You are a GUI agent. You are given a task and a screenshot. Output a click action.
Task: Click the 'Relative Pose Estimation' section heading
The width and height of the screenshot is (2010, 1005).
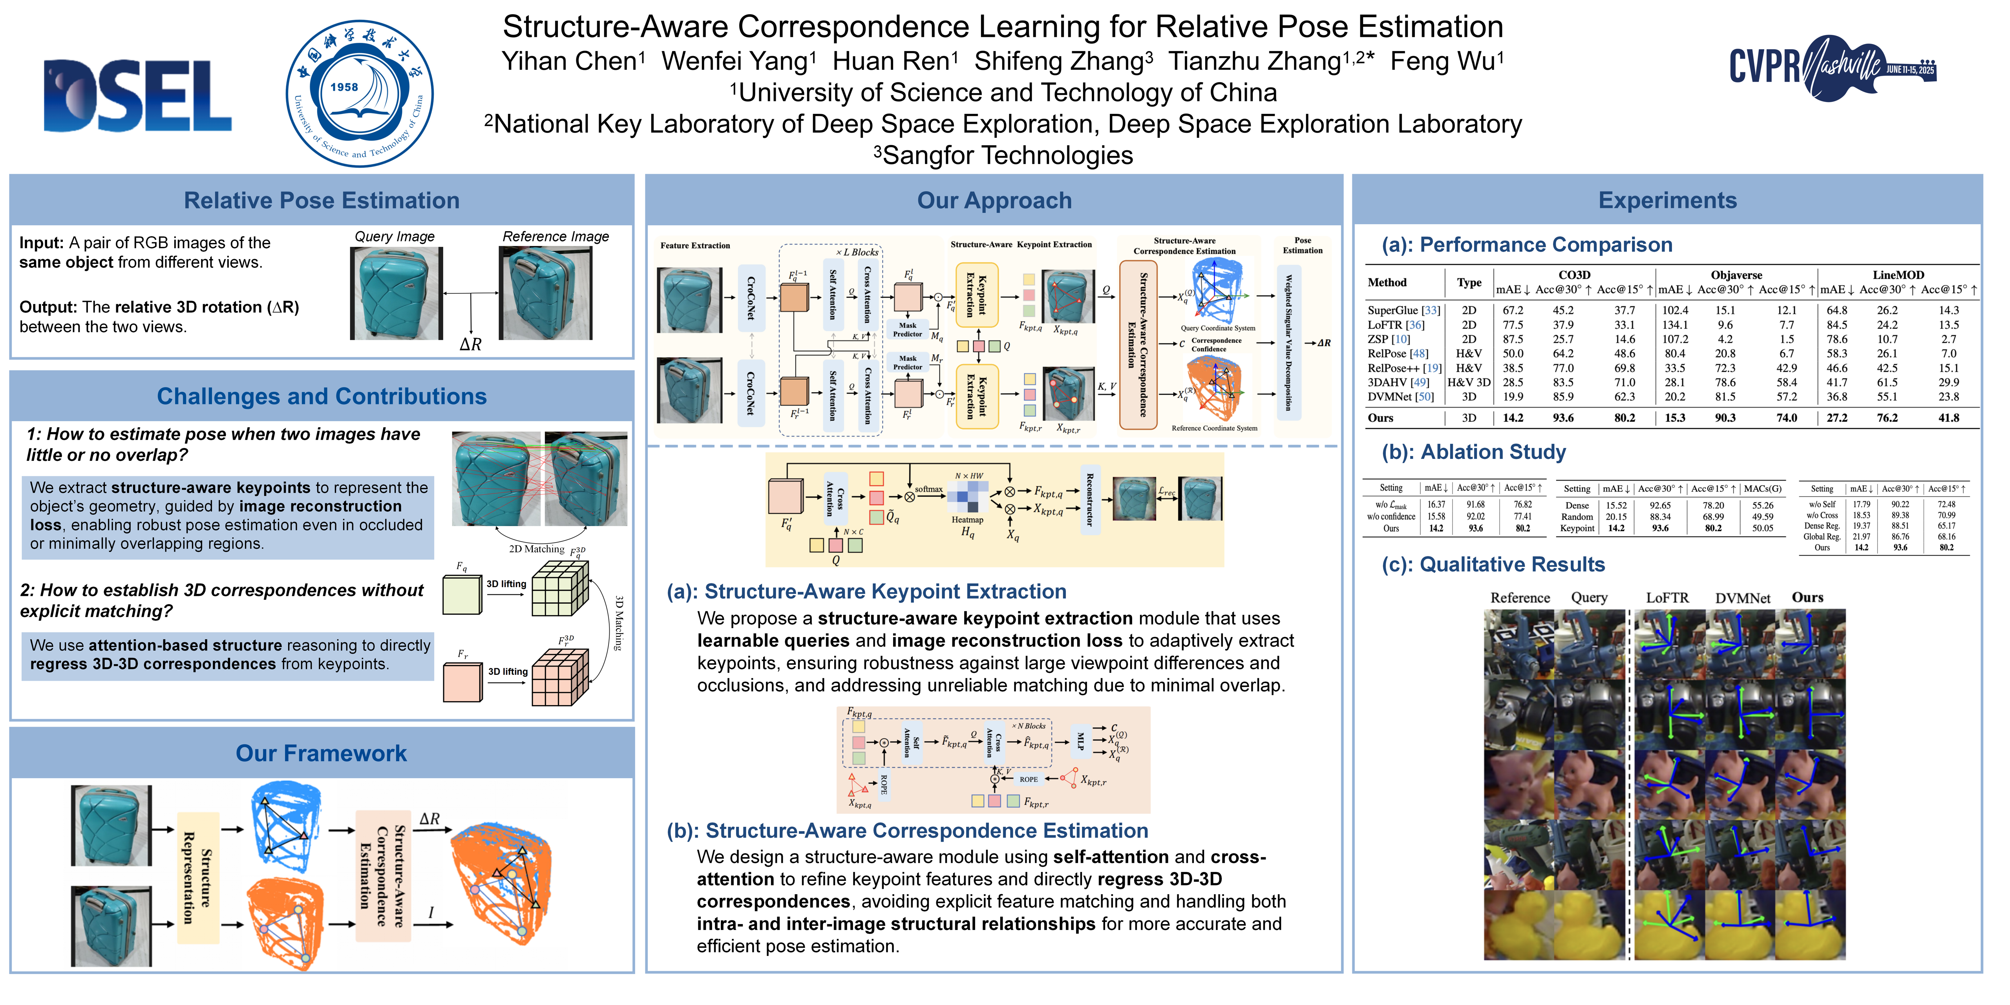tap(322, 201)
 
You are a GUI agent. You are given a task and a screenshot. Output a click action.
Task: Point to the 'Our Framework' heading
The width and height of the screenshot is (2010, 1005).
tap(322, 753)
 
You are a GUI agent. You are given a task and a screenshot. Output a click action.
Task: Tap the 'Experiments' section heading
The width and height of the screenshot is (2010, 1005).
tap(1667, 201)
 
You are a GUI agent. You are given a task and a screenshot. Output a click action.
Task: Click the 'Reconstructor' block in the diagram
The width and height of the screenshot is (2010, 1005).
tap(1089, 499)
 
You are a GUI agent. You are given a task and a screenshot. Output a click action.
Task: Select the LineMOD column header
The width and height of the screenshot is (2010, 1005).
tap(1898, 275)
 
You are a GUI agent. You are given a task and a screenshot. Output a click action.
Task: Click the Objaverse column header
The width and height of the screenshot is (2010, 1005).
tap(1736, 275)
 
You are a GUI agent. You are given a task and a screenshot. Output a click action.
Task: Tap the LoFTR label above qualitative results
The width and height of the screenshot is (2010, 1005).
tap(1667, 598)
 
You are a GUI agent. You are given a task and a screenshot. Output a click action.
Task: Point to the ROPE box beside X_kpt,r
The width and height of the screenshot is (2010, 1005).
tap(1029, 779)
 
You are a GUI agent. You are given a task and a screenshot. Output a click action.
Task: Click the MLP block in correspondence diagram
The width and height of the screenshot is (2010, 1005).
tap(1080, 741)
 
